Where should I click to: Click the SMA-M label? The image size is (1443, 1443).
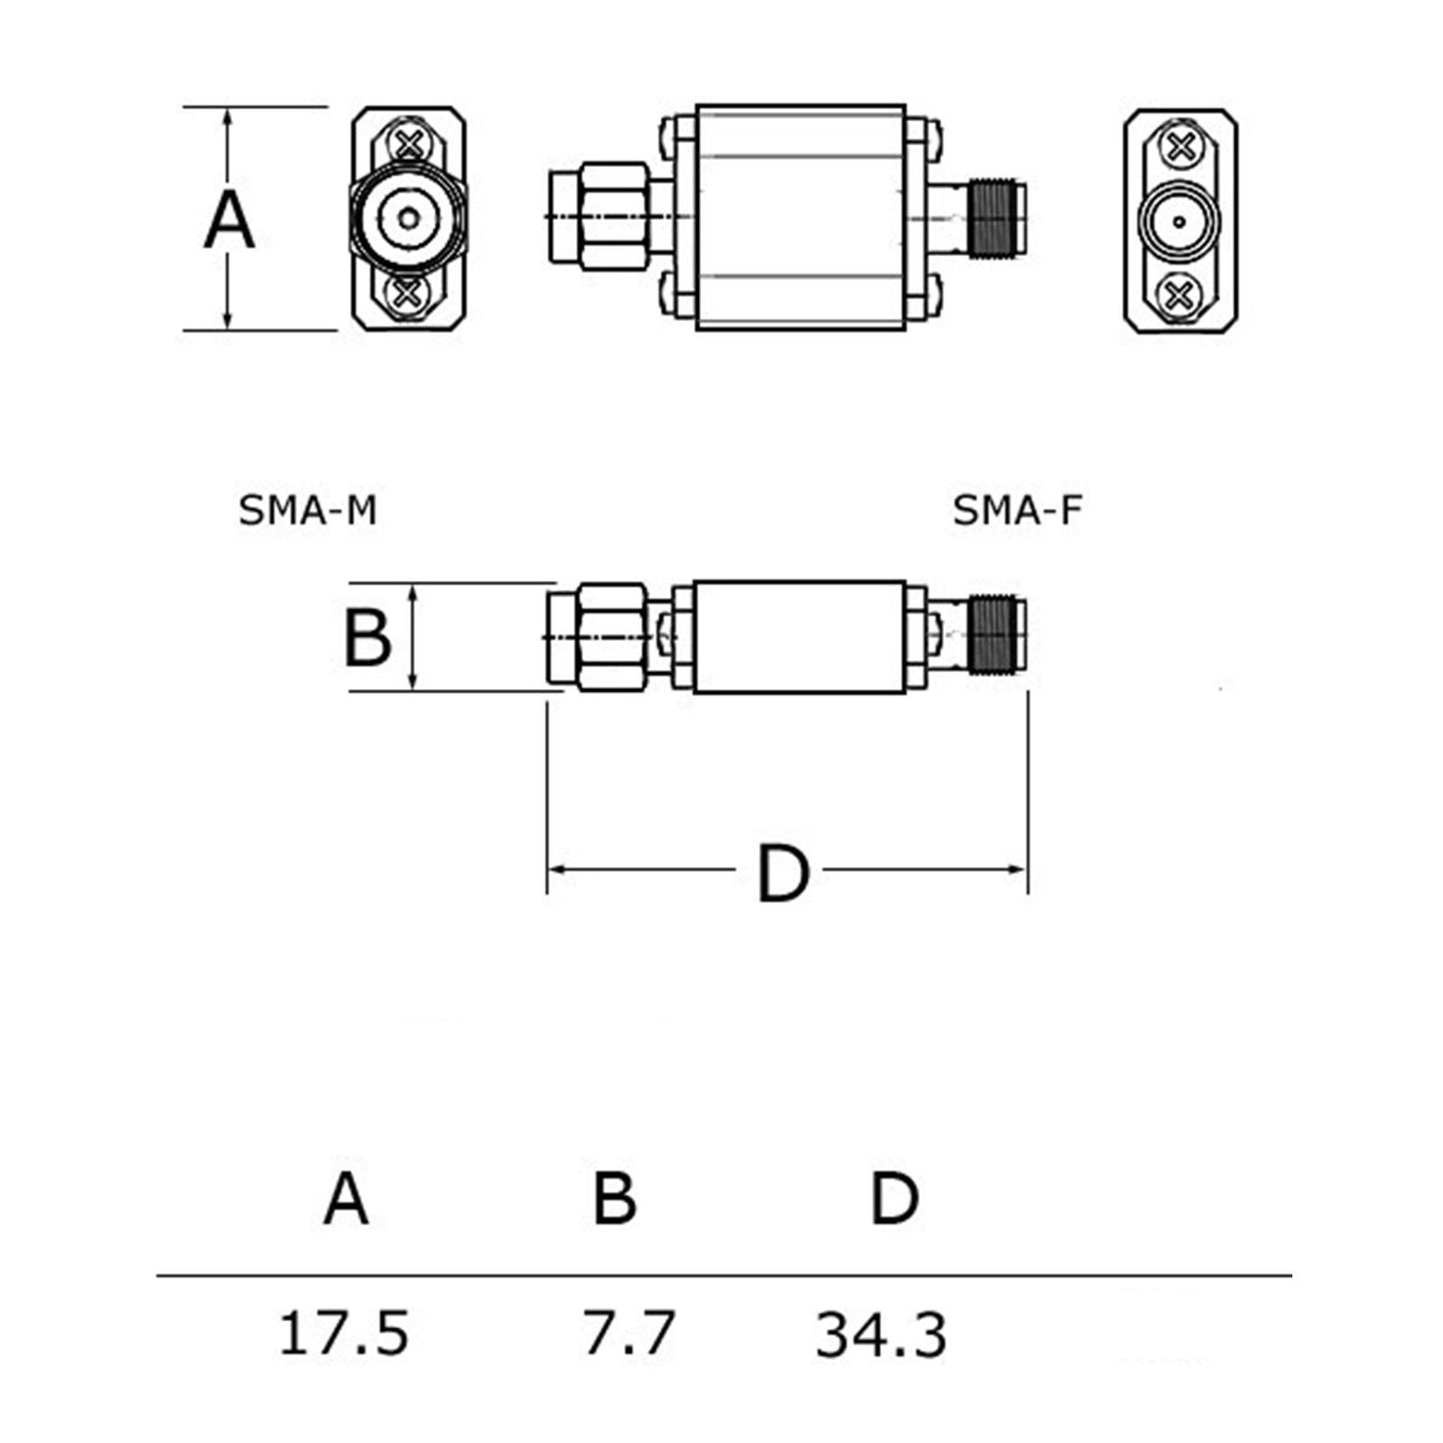coord(308,510)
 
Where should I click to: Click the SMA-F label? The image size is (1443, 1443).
coord(1017,510)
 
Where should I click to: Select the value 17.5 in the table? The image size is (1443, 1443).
coord(344,1333)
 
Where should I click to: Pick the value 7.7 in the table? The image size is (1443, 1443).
coord(628,1333)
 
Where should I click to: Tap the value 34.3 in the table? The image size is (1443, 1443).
coord(881,1335)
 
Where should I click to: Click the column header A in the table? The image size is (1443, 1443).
coord(347,1198)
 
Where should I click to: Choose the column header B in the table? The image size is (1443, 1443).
coord(614,1198)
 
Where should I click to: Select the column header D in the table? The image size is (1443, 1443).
coord(894,1198)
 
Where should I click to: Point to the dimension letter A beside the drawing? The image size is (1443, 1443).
coord(229,221)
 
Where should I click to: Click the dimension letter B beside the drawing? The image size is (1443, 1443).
coord(366,638)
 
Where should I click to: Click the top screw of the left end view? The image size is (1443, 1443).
coord(408,143)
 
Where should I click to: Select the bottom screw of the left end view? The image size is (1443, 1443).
coord(407,293)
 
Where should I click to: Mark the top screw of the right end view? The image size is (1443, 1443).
coord(1180,148)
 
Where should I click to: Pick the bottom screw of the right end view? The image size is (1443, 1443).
coord(1180,294)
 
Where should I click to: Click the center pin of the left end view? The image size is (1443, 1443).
coord(408,218)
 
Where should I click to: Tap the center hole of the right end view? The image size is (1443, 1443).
coord(1180,221)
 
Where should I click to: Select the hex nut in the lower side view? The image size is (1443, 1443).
coord(611,637)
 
